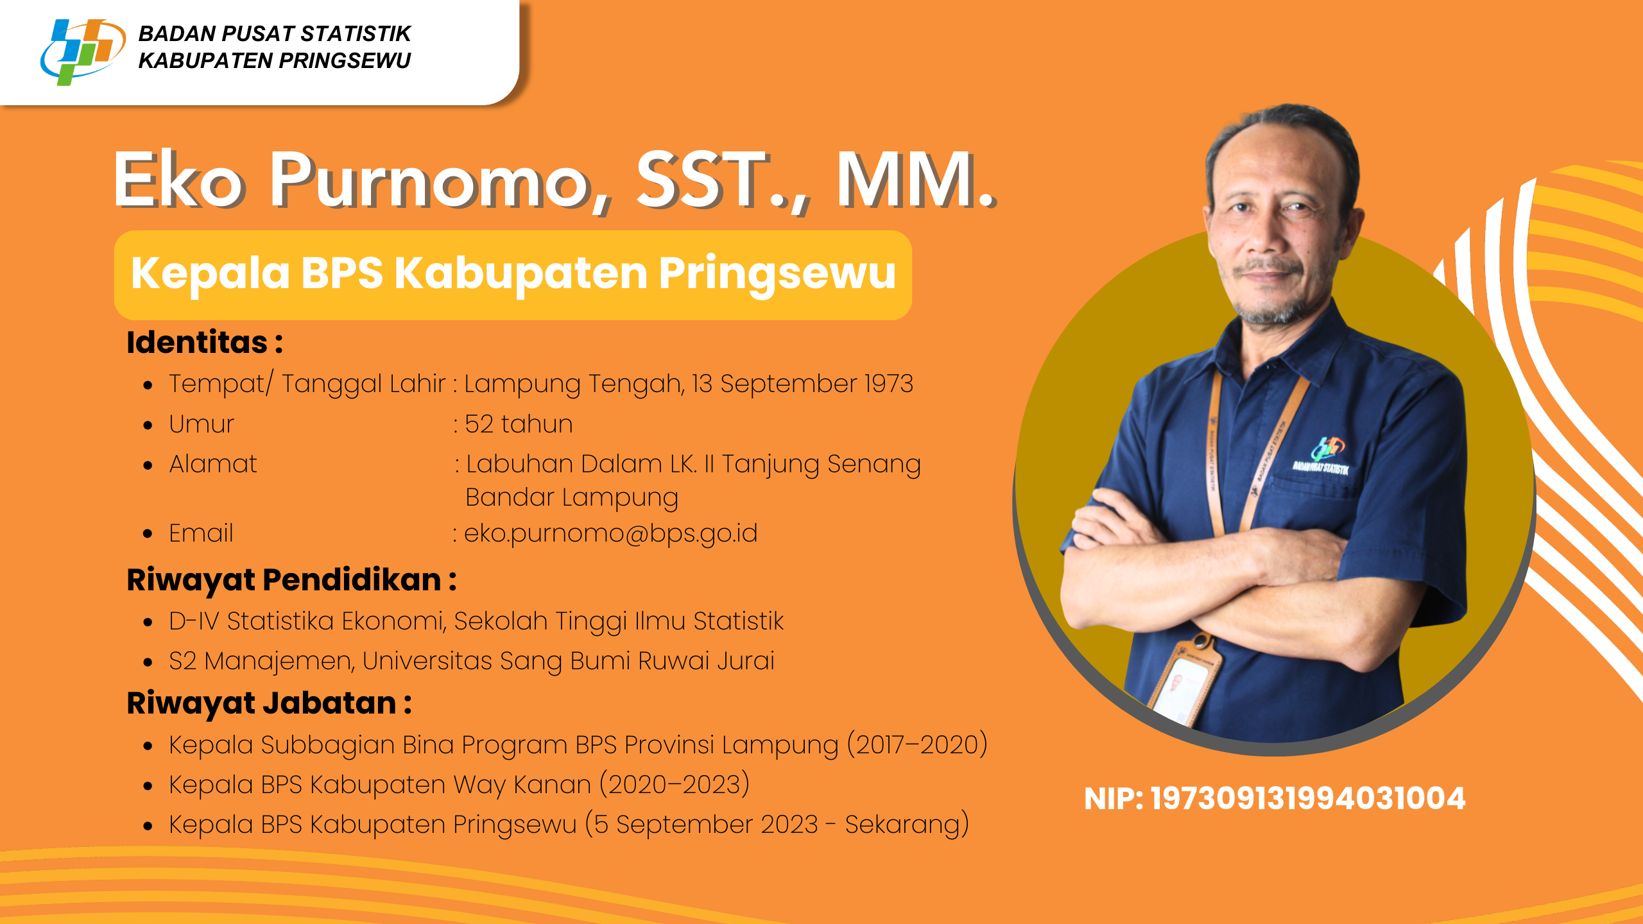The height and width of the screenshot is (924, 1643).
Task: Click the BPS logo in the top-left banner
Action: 82,51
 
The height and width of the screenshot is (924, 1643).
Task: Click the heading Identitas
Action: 197,342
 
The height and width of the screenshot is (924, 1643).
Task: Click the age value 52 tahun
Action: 519,424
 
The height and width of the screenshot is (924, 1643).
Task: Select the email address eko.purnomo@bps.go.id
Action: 610,533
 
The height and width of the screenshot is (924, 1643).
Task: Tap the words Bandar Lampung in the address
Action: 572,498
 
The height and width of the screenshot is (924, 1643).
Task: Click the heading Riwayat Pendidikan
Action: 284,580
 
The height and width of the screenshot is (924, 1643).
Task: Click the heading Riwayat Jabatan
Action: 262,703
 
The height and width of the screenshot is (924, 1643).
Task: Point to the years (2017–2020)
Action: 918,745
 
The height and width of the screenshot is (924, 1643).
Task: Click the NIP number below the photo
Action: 1308,799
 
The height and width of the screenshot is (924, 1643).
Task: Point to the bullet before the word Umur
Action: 148,425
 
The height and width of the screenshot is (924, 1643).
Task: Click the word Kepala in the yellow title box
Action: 211,274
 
